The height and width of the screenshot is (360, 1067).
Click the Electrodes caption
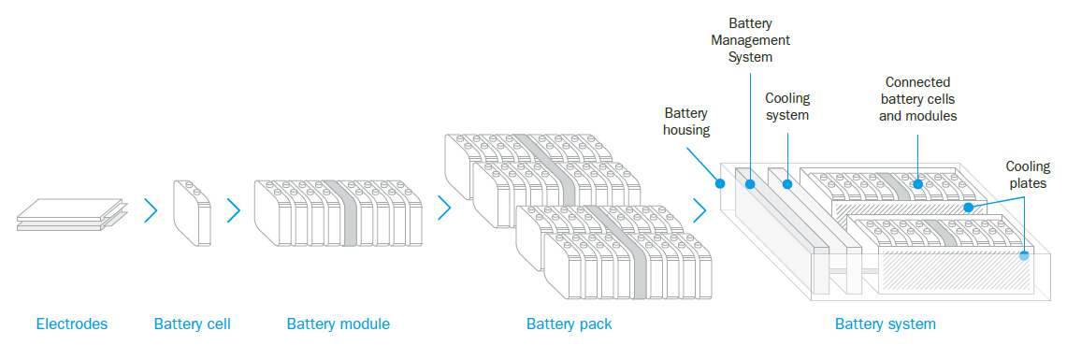[72, 324]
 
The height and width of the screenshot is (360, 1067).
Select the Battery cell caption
[192, 324]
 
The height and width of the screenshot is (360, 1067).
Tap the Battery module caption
[338, 324]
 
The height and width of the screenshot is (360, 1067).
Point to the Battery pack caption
[569, 324]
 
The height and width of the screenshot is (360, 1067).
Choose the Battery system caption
[885, 324]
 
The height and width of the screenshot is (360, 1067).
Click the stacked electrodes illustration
[71, 214]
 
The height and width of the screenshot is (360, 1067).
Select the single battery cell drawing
[193, 214]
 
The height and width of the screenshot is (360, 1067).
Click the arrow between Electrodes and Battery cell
[151, 211]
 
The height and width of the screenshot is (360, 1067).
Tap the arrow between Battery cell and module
[233, 211]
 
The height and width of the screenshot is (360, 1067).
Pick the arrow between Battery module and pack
[444, 208]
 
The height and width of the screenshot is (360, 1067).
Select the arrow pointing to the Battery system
[699, 210]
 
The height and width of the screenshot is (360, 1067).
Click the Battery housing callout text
[686, 122]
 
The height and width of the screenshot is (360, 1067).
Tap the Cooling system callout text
[787, 107]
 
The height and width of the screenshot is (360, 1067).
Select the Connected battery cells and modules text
[920, 99]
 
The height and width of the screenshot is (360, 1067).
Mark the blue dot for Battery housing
[720, 184]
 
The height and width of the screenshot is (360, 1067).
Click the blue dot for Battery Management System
[749, 184]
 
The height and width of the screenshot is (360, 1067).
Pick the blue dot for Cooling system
[787, 184]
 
